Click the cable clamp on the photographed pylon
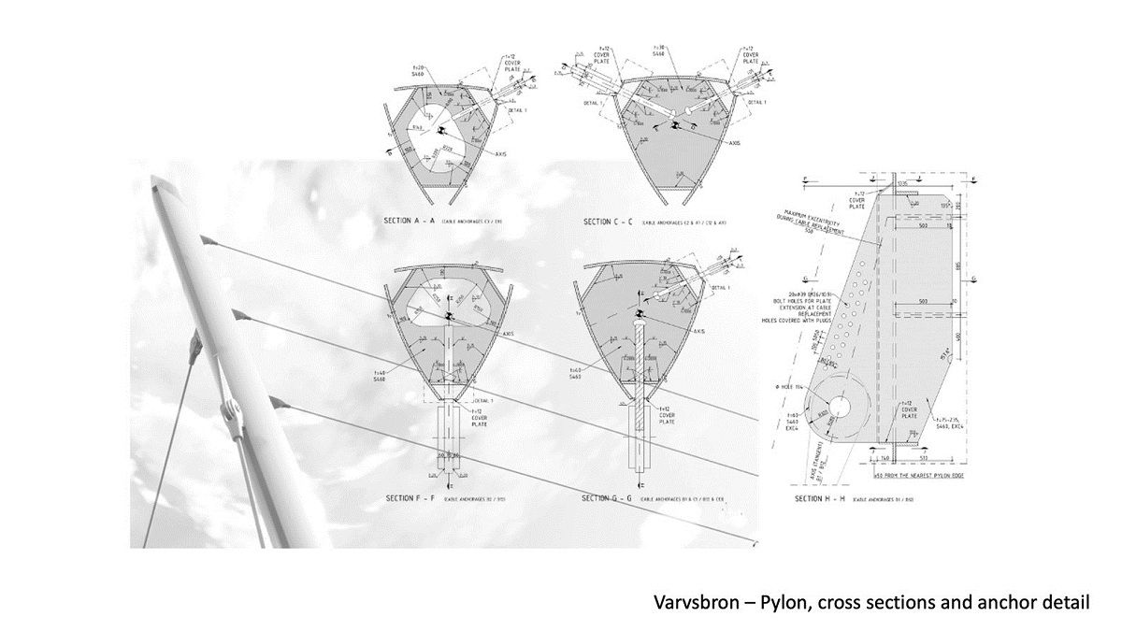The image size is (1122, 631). point(227,410)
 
